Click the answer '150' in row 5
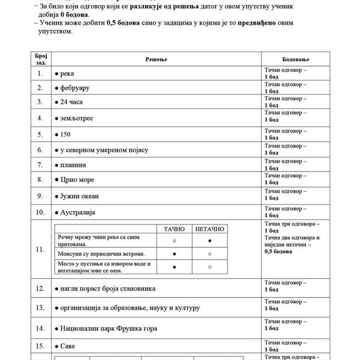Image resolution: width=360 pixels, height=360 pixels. click(67, 134)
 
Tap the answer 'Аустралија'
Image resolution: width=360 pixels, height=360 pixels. click(78, 212)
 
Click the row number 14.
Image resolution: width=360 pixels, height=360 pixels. click(40, 328)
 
